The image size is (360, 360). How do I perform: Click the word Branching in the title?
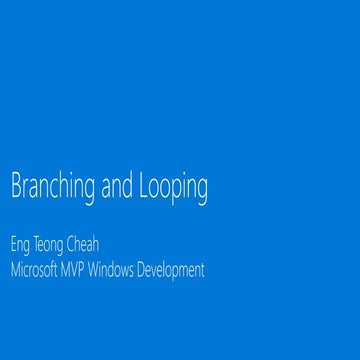pos(50,188)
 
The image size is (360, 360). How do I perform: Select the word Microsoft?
pos(38,269)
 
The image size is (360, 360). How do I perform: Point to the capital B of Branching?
pos(14,187)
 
